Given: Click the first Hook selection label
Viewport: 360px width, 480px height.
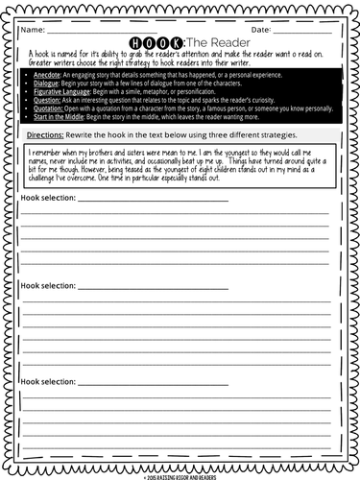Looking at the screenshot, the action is click(49, 199).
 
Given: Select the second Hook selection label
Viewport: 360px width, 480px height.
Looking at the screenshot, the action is click(49, 286).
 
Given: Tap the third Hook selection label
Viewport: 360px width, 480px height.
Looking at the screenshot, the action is click(49, 381).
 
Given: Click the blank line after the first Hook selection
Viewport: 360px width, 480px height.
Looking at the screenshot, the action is click(154, 201).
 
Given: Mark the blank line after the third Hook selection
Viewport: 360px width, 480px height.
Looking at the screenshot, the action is click(154, 383).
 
